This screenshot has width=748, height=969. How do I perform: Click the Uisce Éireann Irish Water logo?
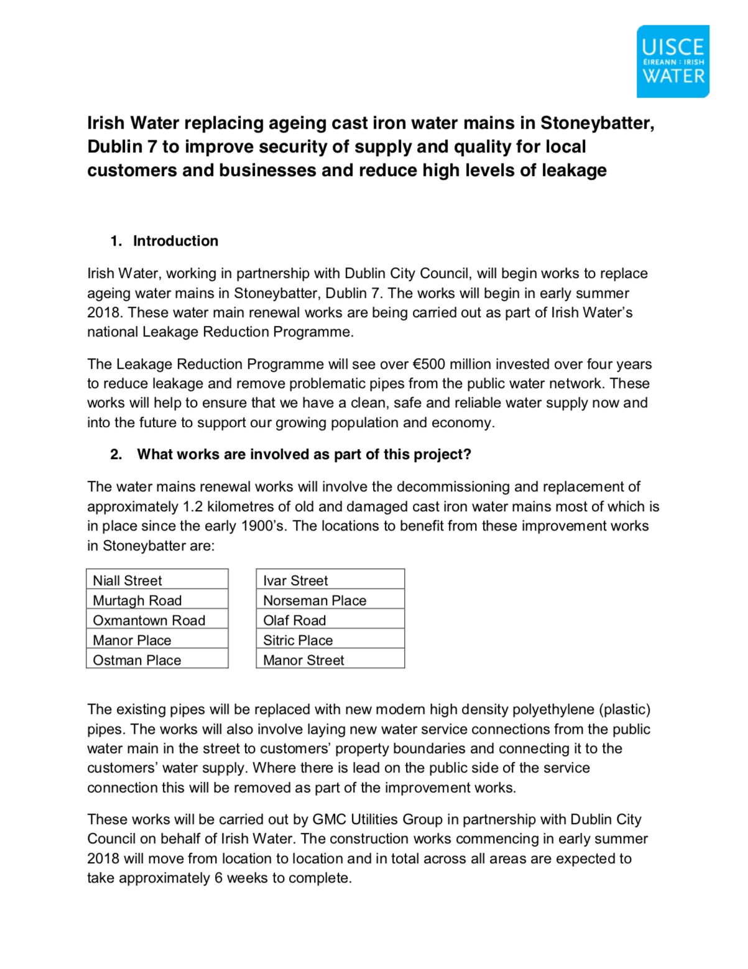pyautogui.click(x=673, y=62)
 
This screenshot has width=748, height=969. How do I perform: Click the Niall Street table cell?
pyautogui.click(x=157, y=580)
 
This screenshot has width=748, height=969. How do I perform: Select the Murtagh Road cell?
pyautogui.click(x=157, y=600)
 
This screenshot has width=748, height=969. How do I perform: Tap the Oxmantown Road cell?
pyautogui.click(x=157, y=619)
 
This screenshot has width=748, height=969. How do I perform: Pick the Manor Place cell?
pyautogui.click(x=157, y=639)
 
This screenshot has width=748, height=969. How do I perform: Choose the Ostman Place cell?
pyautogui.click(x=157, y=659)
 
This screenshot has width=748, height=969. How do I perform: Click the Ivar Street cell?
pyautogui.click(x=330, y=580)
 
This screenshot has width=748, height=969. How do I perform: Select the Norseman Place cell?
pyautogui.click(x=330, y=600)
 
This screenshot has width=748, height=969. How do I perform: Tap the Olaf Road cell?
pyautogui.click(x=330, y=619)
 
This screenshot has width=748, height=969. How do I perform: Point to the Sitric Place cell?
pyautogui.click(x=330, y=639)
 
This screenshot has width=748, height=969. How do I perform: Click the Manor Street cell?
pyautogui.click(x=330, y=659)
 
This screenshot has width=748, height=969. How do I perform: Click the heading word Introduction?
pyautogui.click(x=175, y=241)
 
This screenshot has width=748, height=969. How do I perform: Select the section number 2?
pyautogui.click(x=116, y=454)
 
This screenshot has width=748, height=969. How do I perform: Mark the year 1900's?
pyautogui.click(x=264, y=526)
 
